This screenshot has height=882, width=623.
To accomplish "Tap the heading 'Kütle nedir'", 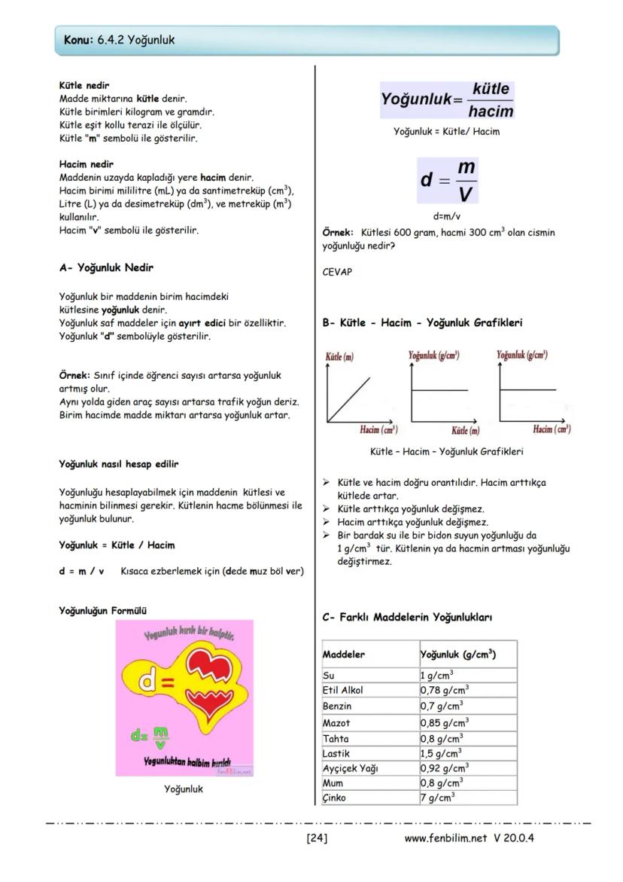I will point(84,86).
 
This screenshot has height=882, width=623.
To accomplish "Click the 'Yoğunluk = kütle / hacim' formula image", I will point(447,100).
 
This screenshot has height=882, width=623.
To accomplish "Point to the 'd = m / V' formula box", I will point(448,181).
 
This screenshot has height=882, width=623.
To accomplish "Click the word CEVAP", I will point(337,272).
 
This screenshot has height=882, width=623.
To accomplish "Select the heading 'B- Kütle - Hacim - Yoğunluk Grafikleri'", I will point(422,322).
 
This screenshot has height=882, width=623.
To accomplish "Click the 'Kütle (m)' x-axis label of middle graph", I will point(465,430).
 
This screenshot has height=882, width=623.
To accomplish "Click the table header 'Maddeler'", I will point(344,654).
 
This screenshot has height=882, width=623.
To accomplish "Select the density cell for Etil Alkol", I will point(445,690).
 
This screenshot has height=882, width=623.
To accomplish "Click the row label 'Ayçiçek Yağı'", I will point(350,768).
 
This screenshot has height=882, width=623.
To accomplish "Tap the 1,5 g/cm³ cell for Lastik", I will point(442,753).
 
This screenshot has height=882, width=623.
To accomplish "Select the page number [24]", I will point(316,838).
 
